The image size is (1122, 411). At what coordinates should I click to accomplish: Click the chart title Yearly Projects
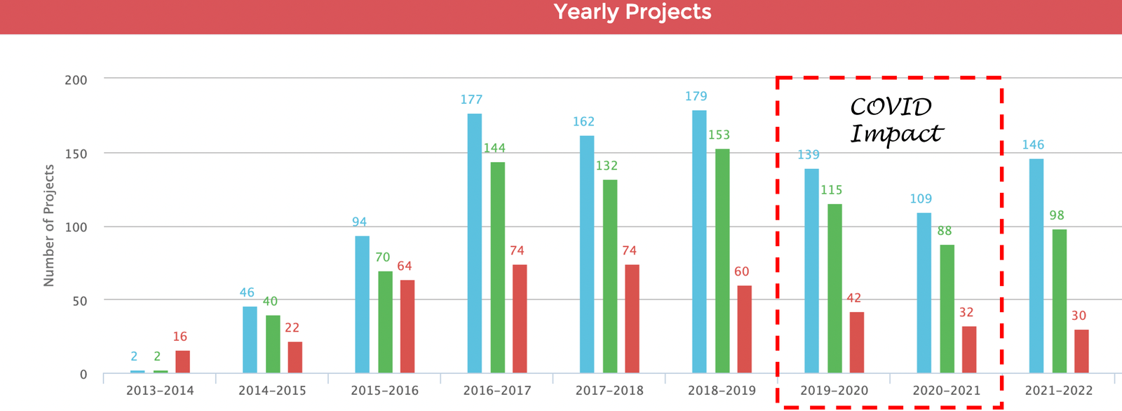[x=632, y=12]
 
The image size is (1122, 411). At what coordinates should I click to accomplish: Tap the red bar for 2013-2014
[x=182, y=361]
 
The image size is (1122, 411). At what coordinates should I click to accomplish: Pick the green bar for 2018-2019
[x=722, y=260]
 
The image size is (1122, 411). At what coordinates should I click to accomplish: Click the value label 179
[x=696, y=96]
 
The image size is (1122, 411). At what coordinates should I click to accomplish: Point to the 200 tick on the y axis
[x=76, y=80]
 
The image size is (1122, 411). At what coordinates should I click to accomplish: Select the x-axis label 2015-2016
[x=384, y=391]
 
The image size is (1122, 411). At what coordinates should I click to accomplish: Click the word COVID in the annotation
[x=891, y=107]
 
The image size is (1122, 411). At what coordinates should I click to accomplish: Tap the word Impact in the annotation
[x=896, y=133]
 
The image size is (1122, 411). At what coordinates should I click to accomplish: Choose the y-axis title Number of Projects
[x=49, y=225]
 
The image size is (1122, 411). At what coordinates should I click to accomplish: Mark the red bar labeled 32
[x=969, y=349]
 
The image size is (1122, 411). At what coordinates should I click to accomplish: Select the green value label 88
[x=944, y=231]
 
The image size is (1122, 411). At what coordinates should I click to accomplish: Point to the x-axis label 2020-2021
[x=946, y=391]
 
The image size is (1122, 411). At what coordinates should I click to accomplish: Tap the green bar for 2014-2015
[x=273, y=344]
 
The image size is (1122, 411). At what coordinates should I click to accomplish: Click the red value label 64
[x=405, y=266]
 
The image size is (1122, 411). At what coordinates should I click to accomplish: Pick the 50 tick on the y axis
[x=80, y=301]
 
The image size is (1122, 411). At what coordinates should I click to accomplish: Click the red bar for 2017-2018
[x=632, y=318]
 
